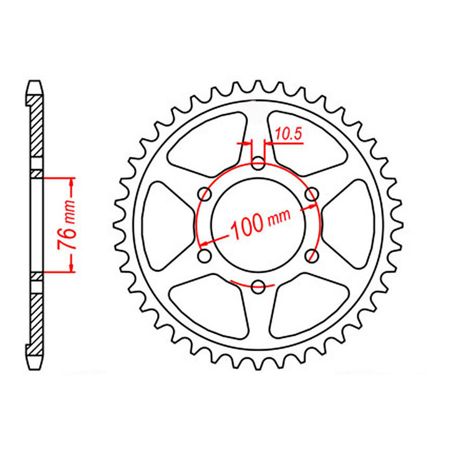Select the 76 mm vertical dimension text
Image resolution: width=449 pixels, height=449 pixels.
tap(69, 225)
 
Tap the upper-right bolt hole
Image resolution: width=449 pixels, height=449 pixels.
tap(312, 195)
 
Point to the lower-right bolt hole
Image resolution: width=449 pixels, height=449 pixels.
tap(312, 256)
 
